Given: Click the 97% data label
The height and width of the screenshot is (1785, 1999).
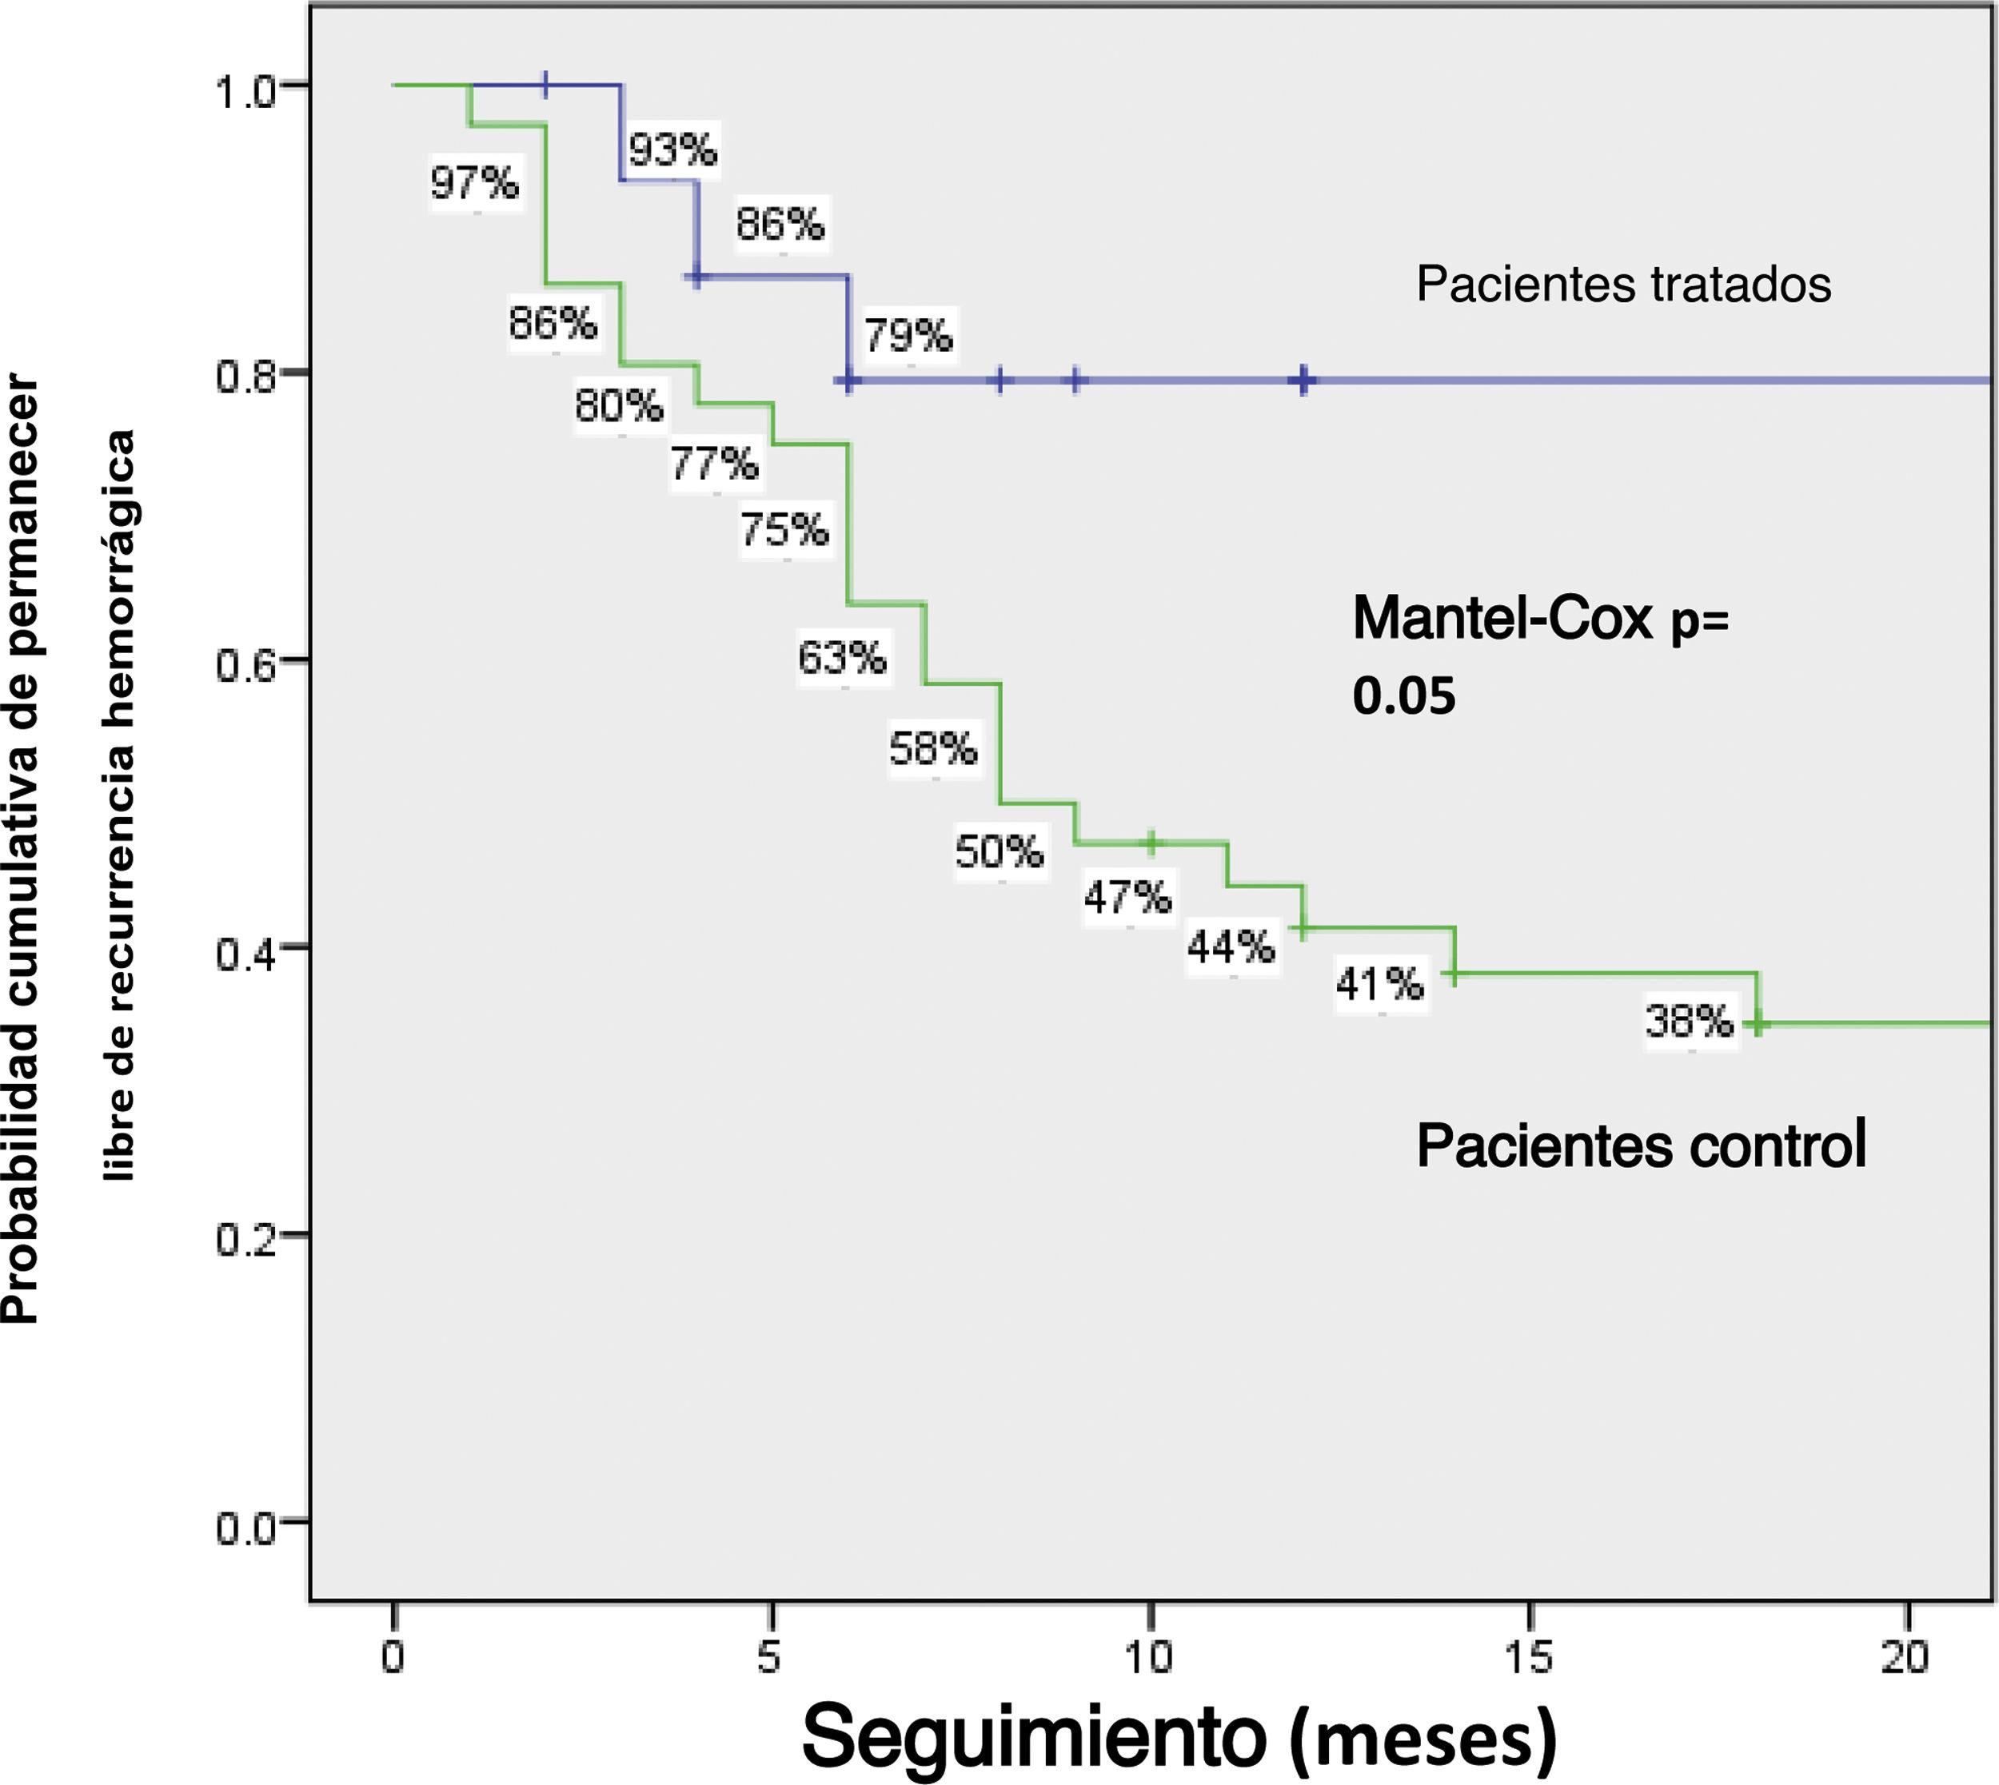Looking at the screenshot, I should [475, 182].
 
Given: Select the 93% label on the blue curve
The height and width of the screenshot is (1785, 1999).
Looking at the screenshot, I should [673, 150].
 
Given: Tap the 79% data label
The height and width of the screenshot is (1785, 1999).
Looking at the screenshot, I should [908, 337].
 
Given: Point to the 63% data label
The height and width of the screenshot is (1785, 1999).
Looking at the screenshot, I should [842, 658].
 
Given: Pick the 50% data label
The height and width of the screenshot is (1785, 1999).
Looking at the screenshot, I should [999, 851].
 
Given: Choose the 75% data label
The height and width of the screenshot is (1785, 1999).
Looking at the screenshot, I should [784, 530].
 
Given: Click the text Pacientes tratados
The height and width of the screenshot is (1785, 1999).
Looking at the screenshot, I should [1623, 285].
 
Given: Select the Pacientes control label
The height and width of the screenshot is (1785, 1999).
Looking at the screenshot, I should [1641, 1145].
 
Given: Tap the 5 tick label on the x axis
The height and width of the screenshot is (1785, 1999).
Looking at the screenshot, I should [771, 1658].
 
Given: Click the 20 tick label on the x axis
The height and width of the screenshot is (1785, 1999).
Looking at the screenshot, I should [1905, 1658].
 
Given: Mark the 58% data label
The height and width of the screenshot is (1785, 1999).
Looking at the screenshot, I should [933, 749].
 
